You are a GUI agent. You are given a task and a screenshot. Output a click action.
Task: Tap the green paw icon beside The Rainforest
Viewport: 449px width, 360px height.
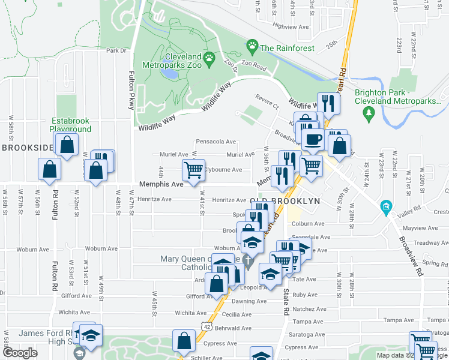tap(253, 46)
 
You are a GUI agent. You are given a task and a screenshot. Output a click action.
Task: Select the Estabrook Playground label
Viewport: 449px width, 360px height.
tap(71, 124)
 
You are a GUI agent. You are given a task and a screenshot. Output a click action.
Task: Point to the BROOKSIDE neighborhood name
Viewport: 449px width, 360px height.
tap(27, 148)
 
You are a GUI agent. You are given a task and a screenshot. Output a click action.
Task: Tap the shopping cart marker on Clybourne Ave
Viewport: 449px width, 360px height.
tap(194, 171)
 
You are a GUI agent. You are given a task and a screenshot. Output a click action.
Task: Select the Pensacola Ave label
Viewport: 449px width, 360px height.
tap(216, 142)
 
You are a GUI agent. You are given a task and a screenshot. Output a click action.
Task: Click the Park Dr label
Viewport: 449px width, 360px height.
tap(117, 51)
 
